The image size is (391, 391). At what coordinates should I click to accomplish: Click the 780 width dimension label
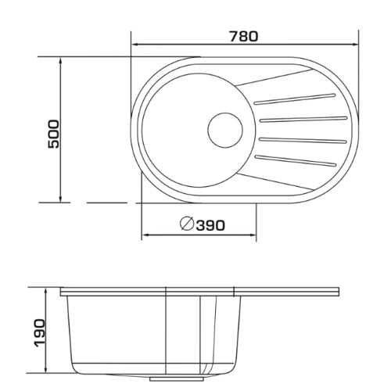[244, 37]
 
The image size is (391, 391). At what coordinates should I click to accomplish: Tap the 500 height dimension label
[54, 134]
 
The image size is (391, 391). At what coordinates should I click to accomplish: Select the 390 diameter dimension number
[210, 225]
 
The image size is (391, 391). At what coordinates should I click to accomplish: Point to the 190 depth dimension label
[40, 333]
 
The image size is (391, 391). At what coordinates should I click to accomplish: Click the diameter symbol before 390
[187, 224]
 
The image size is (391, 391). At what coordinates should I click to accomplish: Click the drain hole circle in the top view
[225, 130]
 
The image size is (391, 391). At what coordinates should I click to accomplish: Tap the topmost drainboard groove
[294, 99]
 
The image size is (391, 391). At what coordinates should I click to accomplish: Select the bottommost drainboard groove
[295, 160]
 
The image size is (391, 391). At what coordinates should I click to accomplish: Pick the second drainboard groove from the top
[303, 119]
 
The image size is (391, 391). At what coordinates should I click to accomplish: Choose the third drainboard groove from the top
[303, 140]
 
